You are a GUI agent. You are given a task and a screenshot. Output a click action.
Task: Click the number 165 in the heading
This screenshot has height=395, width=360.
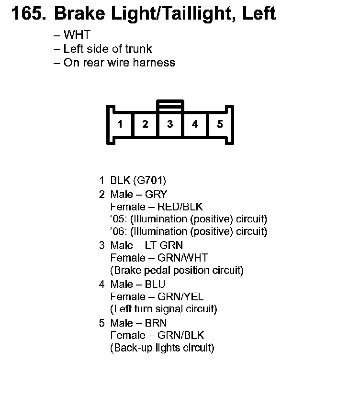pos(27,13)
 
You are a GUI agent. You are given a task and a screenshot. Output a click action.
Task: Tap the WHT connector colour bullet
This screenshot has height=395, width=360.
pos(77,35)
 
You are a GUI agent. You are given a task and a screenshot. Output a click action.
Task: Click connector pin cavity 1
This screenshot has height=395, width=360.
pos(120,124)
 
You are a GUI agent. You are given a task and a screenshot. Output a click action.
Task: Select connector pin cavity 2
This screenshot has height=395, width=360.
pos(145,124)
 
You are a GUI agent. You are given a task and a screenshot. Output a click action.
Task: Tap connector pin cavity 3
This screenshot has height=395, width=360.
pos(170,124)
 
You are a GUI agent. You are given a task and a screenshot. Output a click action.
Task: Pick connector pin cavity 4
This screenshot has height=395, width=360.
pos(195,124)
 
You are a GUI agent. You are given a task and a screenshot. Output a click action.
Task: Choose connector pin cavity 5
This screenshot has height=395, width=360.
pos(220,124)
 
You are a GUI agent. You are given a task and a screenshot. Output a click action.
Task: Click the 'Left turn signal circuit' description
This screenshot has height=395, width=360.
pos(163,309)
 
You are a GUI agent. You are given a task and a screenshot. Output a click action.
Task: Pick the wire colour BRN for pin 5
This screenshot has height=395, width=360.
pos(156,323)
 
